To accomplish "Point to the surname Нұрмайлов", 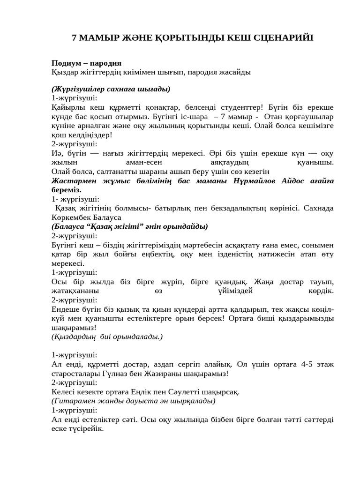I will [x=254, y=181].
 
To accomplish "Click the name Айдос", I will [x=293, y=181].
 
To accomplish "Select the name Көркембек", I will [x=71, y=217].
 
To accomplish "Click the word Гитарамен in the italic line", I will [x=71, y=401].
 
